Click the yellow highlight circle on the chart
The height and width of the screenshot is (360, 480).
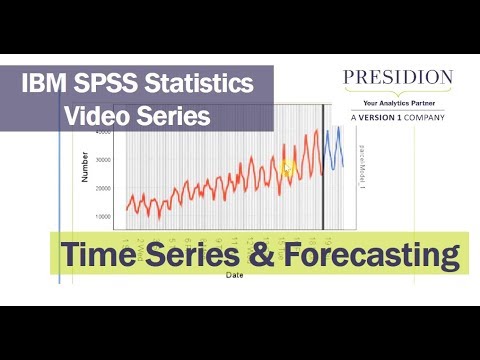point(288,167)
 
